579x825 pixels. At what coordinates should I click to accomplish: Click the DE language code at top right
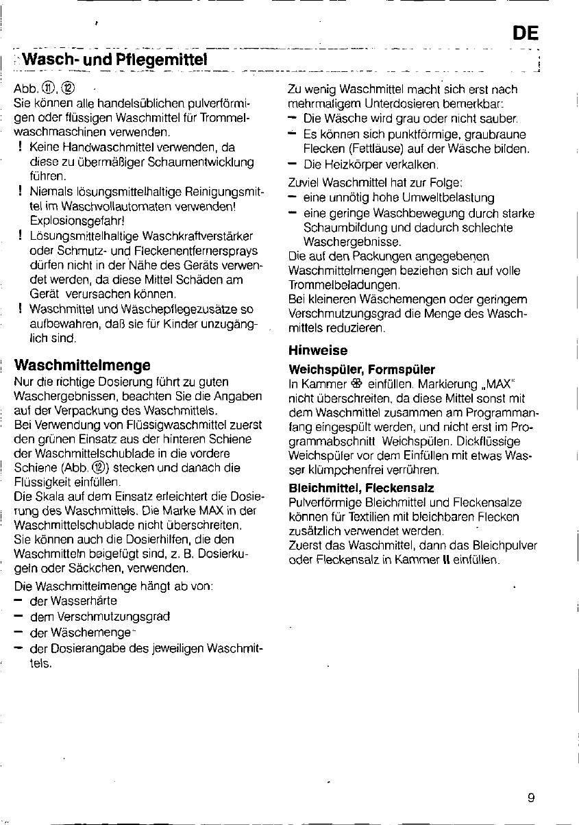point(525,33)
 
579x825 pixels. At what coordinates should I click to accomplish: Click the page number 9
point(531,797)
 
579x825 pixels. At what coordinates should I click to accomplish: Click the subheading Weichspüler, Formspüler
point(362,369)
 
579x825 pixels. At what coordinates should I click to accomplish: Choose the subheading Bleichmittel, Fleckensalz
point(361,489)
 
